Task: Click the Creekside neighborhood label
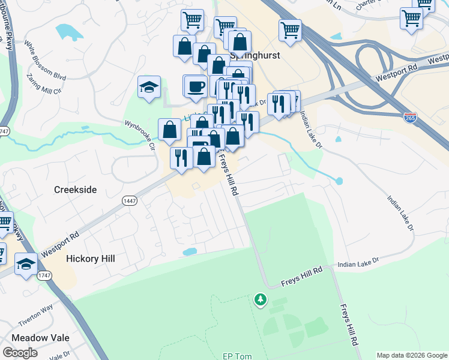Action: pos(75,190)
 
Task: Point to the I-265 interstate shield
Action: pos(411,116)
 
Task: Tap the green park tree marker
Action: pos(260,299)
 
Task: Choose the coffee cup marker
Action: pos(195,86)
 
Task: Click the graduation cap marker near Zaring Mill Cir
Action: pos(149,88)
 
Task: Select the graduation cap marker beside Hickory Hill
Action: pos(26,263)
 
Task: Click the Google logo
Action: pos(20,353)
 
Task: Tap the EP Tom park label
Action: pos(237,356)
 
